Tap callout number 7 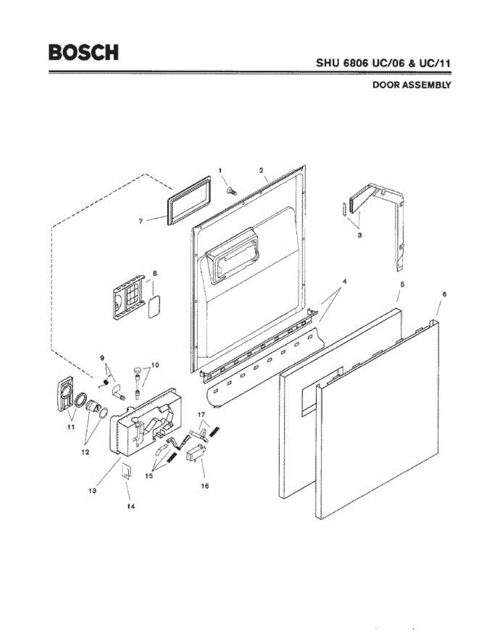pos(141,220)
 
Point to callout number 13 pos(92,491)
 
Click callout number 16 pos(204,486)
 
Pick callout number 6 pos(444,294)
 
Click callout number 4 pos(345,281)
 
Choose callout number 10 pos(155,365)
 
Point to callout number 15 pos(149,476)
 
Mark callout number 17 pos(201,414)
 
